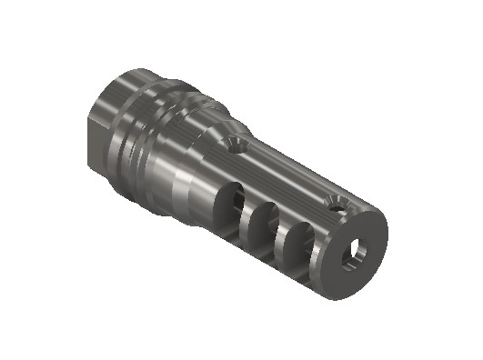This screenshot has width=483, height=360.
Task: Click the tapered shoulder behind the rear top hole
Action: pos(214,127)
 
